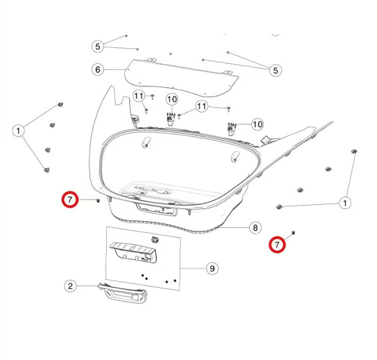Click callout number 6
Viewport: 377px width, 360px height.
pyautogui.click(x=98, y=69)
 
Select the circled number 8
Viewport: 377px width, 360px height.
pyautogui.click(x=254, y=228)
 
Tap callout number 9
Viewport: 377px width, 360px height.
pyautogui.click(x=212, y=269)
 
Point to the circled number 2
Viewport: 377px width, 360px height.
pyautogui.click(x=70, y=286)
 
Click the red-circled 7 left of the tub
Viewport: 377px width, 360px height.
pyautogui.click(x=70, y=200)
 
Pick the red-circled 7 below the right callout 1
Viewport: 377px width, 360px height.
pyautogui.click(x=277, y=245)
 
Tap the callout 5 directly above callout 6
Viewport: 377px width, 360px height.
pyautogui.click(x=98, y=46)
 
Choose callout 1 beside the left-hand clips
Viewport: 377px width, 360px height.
pyautogui.click(x=18, y=131)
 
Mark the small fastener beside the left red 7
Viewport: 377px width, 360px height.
pyautogui.click(x=98, y=200)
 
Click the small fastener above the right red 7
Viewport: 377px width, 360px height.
pyautogui.click(x=294, y=232)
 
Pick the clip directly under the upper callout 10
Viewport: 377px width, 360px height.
pyautogui.click(x=171, y=118)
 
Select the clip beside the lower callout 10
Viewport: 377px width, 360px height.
pyautogui.click(x=231, y=129)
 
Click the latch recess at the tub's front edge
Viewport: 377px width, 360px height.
pyautogui.click(x=157, y=209)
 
